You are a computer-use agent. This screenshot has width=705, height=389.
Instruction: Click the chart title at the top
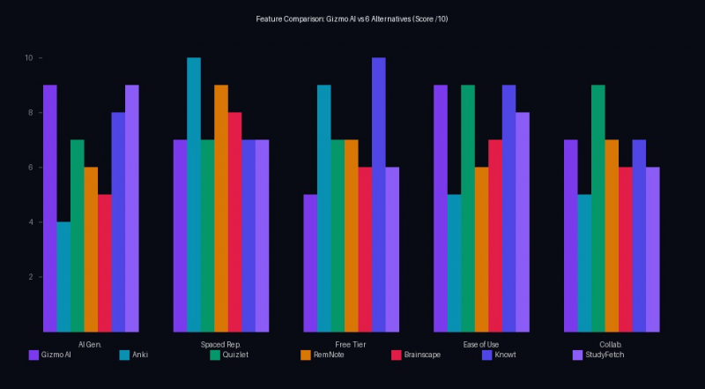(352, 19)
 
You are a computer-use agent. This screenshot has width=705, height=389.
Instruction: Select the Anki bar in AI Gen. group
(63, 277)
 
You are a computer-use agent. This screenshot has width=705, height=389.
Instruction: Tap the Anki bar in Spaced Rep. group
(194, 195)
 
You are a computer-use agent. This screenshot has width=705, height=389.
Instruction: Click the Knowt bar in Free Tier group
(379, 195)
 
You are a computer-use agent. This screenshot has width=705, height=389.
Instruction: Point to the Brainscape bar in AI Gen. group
(105, 263)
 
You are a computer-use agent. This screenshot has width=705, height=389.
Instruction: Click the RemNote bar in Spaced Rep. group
(221, 208)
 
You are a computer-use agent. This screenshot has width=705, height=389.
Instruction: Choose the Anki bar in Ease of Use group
(454, 263)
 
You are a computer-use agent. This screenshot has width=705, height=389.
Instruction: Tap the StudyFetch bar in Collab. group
(652, 250)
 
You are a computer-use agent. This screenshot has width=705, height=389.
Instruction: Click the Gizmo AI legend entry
(50, 355)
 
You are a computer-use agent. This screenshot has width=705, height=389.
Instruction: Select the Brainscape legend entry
(413, 355)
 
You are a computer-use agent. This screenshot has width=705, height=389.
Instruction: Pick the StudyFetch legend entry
(596, 355)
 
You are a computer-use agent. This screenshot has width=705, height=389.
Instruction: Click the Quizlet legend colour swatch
(215, 355)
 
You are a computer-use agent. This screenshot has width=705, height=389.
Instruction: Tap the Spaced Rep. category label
(221, 343)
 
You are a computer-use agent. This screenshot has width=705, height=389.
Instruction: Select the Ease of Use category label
(481, 343)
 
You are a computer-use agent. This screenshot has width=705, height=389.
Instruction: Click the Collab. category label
(612, 343)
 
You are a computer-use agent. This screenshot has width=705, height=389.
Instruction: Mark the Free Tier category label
(351, 343)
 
